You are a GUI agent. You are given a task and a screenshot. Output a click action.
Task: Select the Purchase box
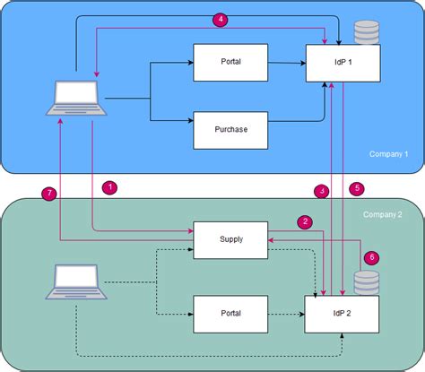click(x=230, y=129)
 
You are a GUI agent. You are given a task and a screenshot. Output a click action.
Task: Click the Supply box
click(x=230, y=239)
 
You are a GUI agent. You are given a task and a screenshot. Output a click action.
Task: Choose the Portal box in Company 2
click(x=230, y=313)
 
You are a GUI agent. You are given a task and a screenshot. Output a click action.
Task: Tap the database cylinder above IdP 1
click(x=366, y=33)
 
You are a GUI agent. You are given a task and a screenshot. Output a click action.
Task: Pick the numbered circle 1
click(x=109, y=187)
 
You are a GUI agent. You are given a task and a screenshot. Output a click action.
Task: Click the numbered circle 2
click(x=305, y=221)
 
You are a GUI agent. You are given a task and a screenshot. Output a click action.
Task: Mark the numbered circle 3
click(x=321, y=190)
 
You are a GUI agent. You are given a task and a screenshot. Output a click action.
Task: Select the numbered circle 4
click(x=220, y=18)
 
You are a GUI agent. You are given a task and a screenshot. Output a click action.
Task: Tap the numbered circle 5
click(x=356, y=188)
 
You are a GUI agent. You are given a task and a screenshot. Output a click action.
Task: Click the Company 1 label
click(x=388, y=154)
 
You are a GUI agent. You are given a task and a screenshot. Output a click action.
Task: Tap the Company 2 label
click(x=383, y=215)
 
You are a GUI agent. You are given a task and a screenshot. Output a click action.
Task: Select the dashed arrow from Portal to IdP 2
click(x=286, y=314)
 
